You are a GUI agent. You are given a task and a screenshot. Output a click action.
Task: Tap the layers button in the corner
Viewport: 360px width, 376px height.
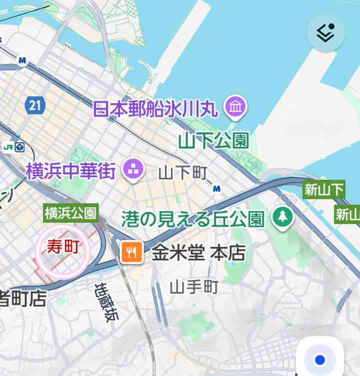click(x=325, y=32)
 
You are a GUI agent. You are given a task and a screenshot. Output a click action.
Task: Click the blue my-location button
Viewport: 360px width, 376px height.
click(x=320, y=360)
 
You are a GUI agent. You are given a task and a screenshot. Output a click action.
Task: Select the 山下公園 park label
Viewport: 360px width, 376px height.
click(x=213, y=140)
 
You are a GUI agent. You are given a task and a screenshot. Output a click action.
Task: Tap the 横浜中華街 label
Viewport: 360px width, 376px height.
click(x=71, y=171)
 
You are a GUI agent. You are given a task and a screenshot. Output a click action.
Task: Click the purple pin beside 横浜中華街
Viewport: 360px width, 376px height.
click(x=133, y=169)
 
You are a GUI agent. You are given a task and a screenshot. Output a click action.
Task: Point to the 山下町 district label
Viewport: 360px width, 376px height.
click(x=182, y=173)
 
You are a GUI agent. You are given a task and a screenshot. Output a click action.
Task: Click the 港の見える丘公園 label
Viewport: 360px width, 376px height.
click(x=192, y=218)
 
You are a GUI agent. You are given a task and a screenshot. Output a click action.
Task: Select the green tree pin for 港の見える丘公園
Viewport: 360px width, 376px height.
click(x=282, y=217)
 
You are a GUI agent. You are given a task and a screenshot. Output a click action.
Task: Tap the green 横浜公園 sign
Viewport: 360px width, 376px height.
click(x=70, y=213)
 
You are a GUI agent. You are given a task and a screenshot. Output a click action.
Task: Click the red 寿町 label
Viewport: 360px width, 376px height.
click(x=63, y=246)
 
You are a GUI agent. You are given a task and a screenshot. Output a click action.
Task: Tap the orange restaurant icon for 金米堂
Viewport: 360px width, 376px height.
click(x=132, y=253)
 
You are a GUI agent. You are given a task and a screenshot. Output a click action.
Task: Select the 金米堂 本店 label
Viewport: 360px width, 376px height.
click(x=198, y=253)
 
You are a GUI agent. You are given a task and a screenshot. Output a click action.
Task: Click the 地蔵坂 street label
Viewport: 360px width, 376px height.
click(x=104, y=302)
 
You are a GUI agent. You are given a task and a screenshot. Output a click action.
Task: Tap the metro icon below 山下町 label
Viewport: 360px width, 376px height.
click(x=216, y=189)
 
